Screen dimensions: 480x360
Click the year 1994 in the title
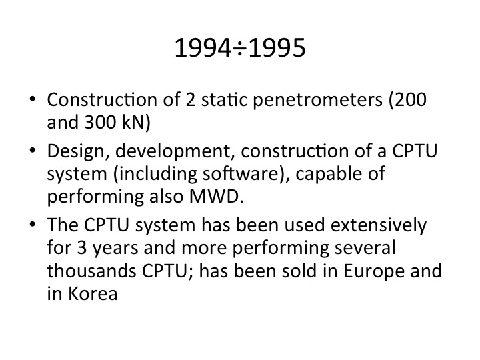click(x=203, y=48)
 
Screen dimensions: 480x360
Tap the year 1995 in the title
click(x=277, y=48)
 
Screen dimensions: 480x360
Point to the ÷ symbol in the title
click(x=240, y=49)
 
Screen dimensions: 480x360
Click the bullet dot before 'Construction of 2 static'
click(x=33, y=99)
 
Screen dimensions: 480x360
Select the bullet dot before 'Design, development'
click(x=33, y=151)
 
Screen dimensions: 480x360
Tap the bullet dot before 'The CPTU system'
click(x=33, y=225)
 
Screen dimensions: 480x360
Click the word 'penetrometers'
click(x=318, y=100)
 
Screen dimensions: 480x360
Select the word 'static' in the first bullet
click(x=224, y=99)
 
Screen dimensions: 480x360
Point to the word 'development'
click(x=173, y=151)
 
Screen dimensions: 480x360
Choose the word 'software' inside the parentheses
click(x=242, y=173)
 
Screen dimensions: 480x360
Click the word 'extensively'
click(x=379, y=225)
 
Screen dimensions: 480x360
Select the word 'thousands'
click(x=91, y=271)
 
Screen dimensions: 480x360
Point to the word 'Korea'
click(x=93, y=293)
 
